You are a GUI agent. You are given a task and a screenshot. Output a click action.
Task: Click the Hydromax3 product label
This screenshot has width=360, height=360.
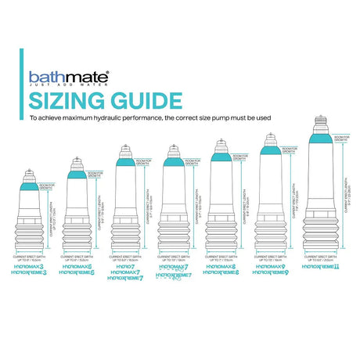pos(31,267)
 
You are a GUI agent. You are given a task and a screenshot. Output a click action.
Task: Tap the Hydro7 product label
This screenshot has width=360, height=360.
pos(126,267)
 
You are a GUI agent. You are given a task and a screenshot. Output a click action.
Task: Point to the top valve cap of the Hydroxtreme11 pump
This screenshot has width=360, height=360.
pos(321,123)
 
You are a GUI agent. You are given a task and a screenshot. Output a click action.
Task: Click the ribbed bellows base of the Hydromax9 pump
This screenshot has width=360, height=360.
pos(272,235)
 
